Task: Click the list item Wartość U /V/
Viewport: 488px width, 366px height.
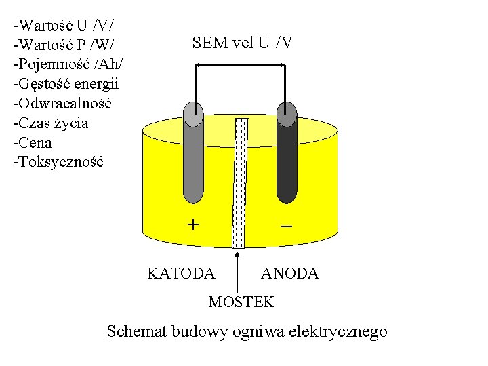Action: [x=63, y=26]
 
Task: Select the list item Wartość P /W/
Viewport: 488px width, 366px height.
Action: [x=64, y=45]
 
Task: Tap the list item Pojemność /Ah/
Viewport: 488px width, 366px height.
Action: [x=68, y=65]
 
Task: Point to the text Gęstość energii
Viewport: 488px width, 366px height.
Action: [x=66, y=85]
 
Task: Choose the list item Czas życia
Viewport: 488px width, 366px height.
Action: [x=51, y=123]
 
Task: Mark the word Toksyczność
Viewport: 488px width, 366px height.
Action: [x=58, y=162]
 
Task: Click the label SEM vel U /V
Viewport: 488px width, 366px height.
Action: [x=242, y=43]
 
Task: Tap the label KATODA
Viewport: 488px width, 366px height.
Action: [x=181, y=273]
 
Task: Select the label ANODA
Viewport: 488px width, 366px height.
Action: [x=289, y=273]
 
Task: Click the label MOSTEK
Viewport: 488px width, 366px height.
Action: [x=241, y=302]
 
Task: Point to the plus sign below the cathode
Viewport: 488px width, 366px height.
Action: [x=193, y=224]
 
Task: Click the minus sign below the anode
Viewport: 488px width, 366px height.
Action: [x=286, y=225]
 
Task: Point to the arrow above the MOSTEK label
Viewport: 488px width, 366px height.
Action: [x=238, y=271]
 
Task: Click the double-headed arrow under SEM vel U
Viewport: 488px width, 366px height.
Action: [x=240, y=65]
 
